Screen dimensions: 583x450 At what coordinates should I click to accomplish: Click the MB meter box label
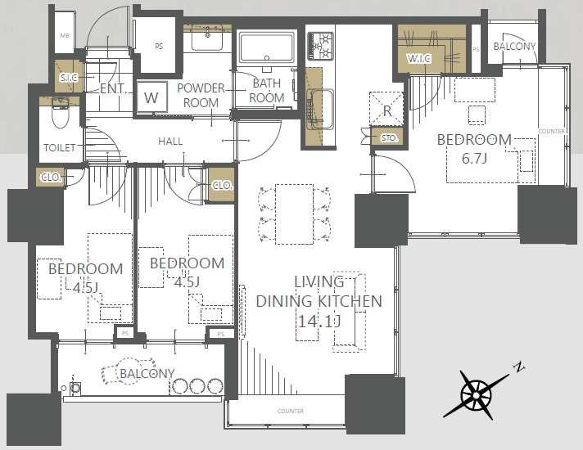click(x=65, y=36)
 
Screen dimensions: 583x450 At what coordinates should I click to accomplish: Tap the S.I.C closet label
click(x=69, y=78)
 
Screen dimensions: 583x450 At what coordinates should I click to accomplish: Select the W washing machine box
click(x=151, y=97)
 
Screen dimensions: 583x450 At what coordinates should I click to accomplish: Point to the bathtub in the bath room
click(x=267, y=47)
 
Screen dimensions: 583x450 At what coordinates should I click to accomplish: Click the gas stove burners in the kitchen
click(x=320, y=46)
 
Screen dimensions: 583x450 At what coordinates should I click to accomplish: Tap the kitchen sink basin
click(x=322, y=110)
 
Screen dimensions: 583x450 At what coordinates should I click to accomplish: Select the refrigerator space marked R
click(x=386, y=109)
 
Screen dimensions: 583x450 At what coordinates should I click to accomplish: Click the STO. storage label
click(x=389, y=138)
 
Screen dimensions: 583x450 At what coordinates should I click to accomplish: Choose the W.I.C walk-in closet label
click(x=418, y=58)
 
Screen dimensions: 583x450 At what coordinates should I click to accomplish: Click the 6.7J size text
click(x=474, y=159)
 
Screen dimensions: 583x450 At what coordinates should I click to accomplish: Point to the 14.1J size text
click(x=319, y=321)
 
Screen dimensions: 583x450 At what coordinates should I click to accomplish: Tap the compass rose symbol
click(x=477, y=394)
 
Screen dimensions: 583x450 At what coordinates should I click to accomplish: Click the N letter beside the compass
click(x=518, y=367)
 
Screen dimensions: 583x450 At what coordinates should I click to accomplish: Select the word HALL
click(x=170, y=142)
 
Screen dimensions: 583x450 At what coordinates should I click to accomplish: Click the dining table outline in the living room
click(x=294, y=214)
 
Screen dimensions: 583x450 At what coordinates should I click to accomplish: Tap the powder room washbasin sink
click(x=207, y=37)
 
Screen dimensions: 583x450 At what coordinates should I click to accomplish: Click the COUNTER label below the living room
click(x=291, y=411)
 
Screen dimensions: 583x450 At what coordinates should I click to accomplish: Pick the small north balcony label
click(x=514, y=47)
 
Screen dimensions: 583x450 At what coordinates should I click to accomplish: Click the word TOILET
click(x=60, y=148)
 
